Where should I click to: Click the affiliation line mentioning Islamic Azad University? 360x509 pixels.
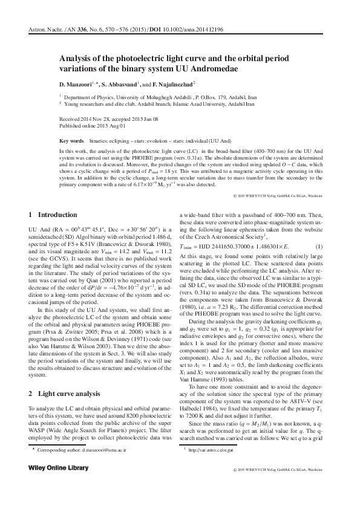point(143,103)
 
